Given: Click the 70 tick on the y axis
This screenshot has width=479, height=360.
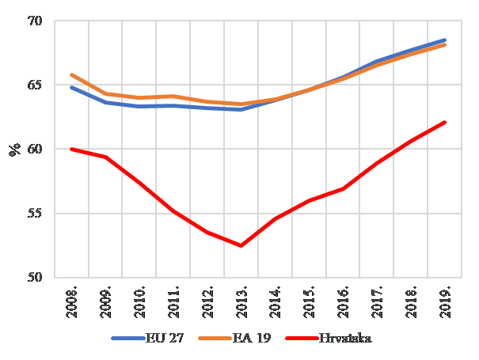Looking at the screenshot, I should pos(40,21).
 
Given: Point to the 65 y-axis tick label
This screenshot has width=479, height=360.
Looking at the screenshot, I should pos(40,85).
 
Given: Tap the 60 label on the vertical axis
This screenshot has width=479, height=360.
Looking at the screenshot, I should pos(40,149).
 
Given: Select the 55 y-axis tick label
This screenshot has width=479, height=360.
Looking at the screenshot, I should pos(40,214).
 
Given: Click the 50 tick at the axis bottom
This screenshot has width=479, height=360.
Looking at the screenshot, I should pos(40,278).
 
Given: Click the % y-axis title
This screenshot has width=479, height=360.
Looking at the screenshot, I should pos(15,150).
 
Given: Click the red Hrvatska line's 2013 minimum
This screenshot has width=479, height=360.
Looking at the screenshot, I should pos(241,245).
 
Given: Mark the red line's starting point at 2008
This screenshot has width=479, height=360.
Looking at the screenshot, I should pos(71,149).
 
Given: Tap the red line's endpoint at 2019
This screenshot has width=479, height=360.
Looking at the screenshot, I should pos(445,122).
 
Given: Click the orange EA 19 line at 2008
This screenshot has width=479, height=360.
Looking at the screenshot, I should pos(71,74).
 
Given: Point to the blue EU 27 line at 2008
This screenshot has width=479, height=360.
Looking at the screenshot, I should pos(71,87).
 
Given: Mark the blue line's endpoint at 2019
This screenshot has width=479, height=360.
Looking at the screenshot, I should pos(445,40).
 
